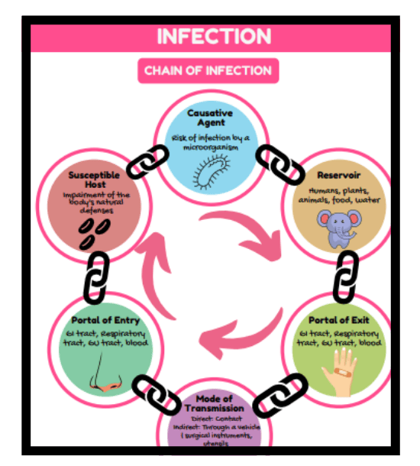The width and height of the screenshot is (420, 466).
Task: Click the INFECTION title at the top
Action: pyautogui.click(x=214, y=36)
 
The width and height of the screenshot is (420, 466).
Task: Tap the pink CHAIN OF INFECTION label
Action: pyautogui.click(x=208, y=70)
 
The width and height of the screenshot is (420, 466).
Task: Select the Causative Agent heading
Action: pyautogui.click(x=210, y=119)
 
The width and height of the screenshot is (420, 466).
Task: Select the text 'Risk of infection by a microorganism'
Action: pyautogui.click(x=210, y=142)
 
